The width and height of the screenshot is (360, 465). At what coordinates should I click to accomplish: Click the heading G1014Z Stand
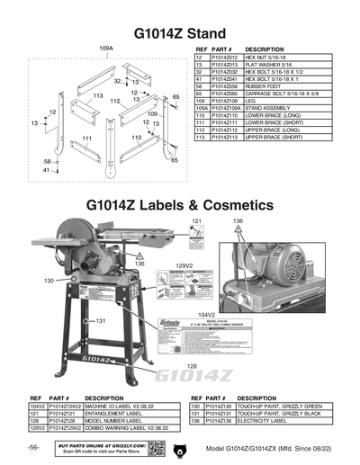(180, 33)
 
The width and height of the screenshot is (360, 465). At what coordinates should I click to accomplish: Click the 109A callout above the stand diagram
(105, 46)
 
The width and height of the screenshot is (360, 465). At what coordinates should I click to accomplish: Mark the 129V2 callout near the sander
(185, 266)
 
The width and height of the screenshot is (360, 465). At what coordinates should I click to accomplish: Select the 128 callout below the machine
(193, 366)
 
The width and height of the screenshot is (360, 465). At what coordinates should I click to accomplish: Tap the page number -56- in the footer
(33, 447)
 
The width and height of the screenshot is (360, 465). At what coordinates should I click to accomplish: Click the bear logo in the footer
(180, 447)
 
